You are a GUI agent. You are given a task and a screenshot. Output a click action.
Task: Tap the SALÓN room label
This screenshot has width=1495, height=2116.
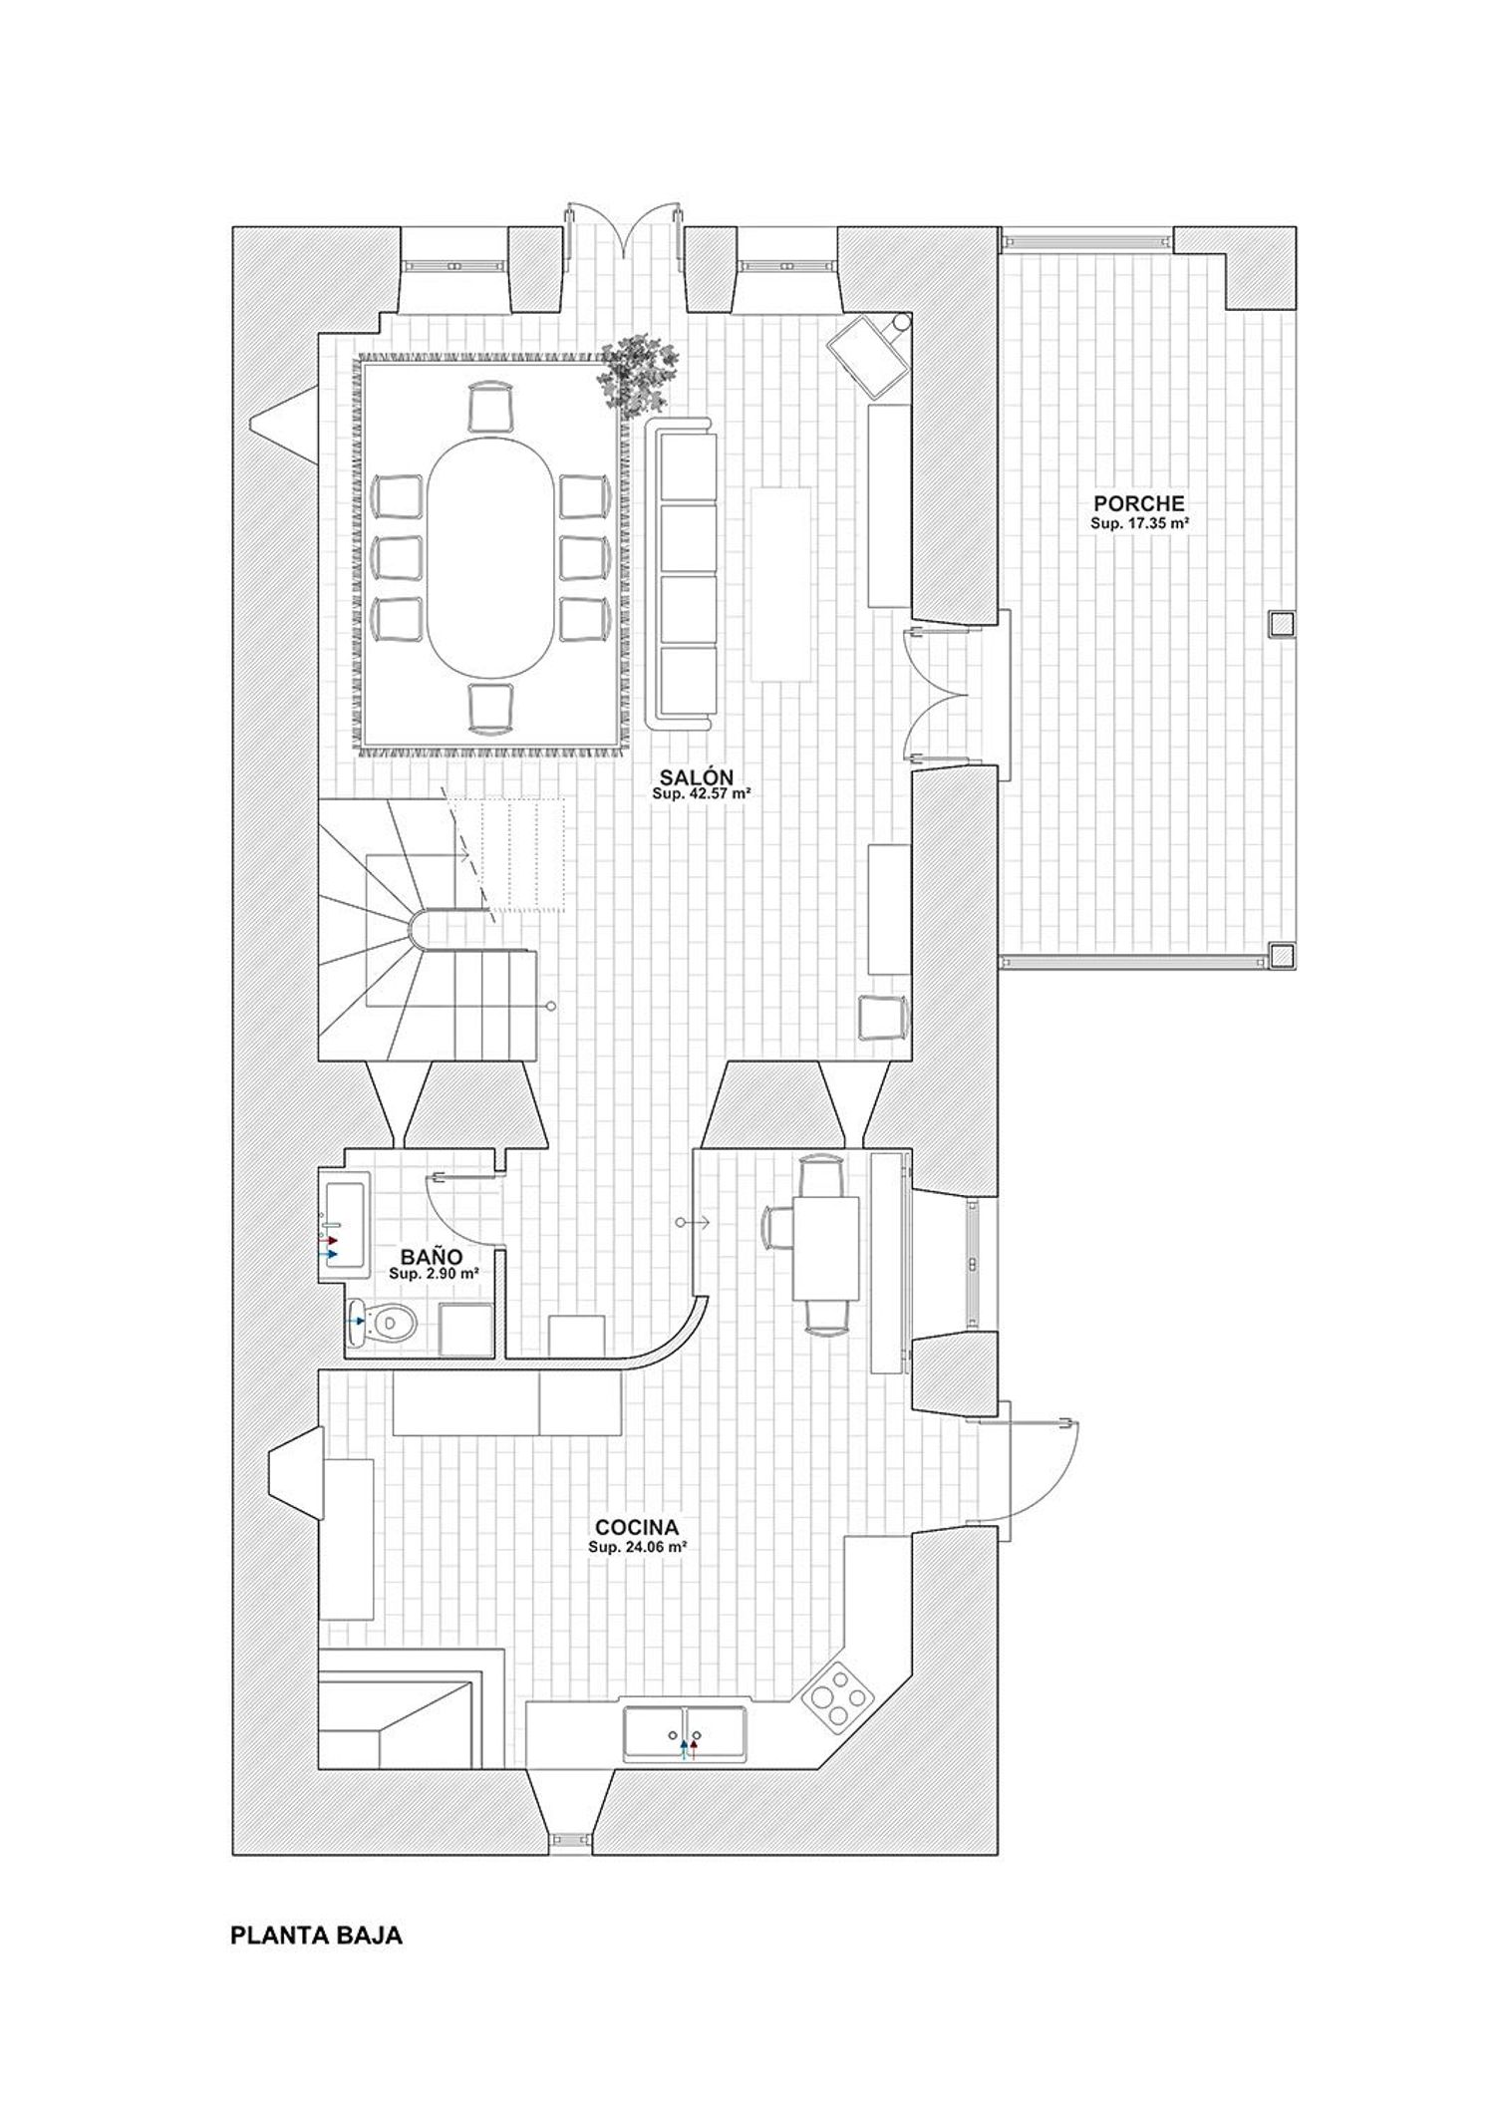(697, 777)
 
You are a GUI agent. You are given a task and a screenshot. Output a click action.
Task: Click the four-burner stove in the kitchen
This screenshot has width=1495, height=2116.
(838, 1698)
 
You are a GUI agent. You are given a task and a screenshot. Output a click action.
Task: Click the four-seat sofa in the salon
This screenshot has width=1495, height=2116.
(684, 573)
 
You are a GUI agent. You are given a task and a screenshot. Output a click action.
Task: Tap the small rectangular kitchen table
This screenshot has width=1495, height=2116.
(826, 1248)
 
